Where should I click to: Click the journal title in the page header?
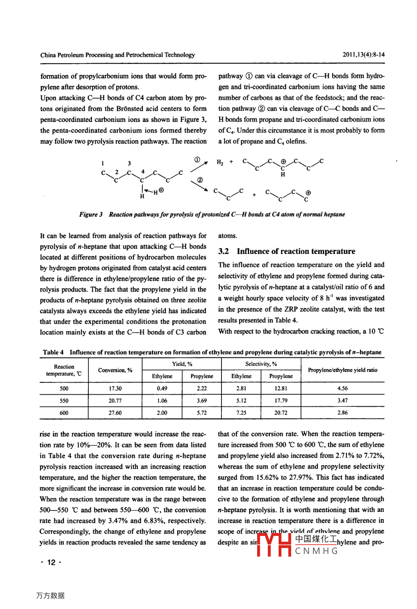tap(118, 55)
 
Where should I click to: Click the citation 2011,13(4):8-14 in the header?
tap(363, 54)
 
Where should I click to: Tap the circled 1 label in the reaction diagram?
tap(198, 160)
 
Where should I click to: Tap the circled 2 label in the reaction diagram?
tap(200, 180)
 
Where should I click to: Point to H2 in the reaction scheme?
tap(220, 162)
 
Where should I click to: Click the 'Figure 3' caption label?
tap(91, 214)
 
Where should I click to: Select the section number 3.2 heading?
tap(223, 251)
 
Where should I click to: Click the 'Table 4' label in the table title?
tap(53, 352)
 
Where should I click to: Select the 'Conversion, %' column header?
tap(115, 370)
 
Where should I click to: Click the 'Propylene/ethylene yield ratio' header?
tap(343, 370)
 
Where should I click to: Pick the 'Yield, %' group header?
tap(182, 364)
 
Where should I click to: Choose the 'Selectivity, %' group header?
tap(261, 364)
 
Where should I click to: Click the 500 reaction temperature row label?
tap(64, 388)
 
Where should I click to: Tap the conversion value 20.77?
tap(115, 401)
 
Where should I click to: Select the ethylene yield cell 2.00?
tap(162, 413)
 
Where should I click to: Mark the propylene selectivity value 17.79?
tap(281, 401)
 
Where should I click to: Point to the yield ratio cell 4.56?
tap(343, 388)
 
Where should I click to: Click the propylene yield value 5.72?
tap(202, 413)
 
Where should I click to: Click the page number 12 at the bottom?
tap(51, 563)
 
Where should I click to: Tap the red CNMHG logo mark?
tap(274, 545)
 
